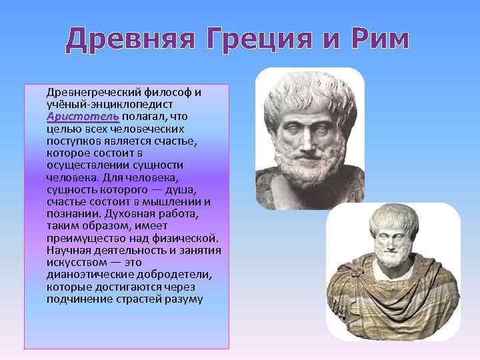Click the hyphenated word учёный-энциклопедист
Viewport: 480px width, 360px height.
point(110,104)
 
